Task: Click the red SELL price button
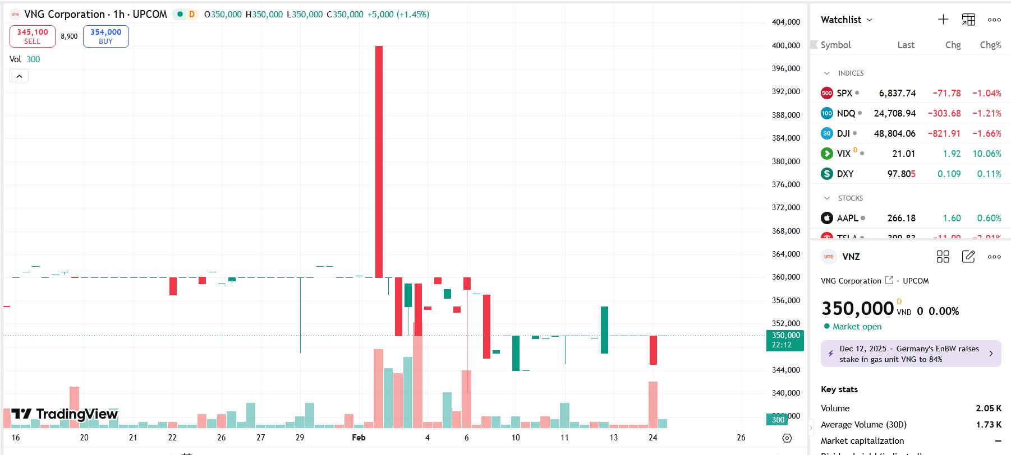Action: coord(32,36)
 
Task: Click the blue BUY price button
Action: coord(105,36)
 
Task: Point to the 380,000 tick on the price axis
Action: coord(785,161)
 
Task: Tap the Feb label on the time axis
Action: coord(359,438)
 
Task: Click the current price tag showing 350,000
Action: coord(785,340)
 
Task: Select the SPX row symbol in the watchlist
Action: coord(844,94)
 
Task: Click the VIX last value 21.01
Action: coord(903,154)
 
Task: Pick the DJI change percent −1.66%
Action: coord(986,133)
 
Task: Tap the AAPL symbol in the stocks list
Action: coord(847,218)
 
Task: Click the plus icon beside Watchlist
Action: coord(943,20)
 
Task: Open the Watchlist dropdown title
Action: coord(846,20)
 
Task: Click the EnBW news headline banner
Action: coord(910,354)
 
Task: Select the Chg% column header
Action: coord(990,45)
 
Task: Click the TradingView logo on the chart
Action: coord(65,414)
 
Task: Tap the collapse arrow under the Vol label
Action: coord(19,76)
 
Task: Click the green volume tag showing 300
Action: coord(778,420)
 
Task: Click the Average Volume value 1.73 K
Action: coord(988,424)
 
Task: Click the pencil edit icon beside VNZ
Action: coord(968,257)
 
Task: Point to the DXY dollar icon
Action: coord(826,174)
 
